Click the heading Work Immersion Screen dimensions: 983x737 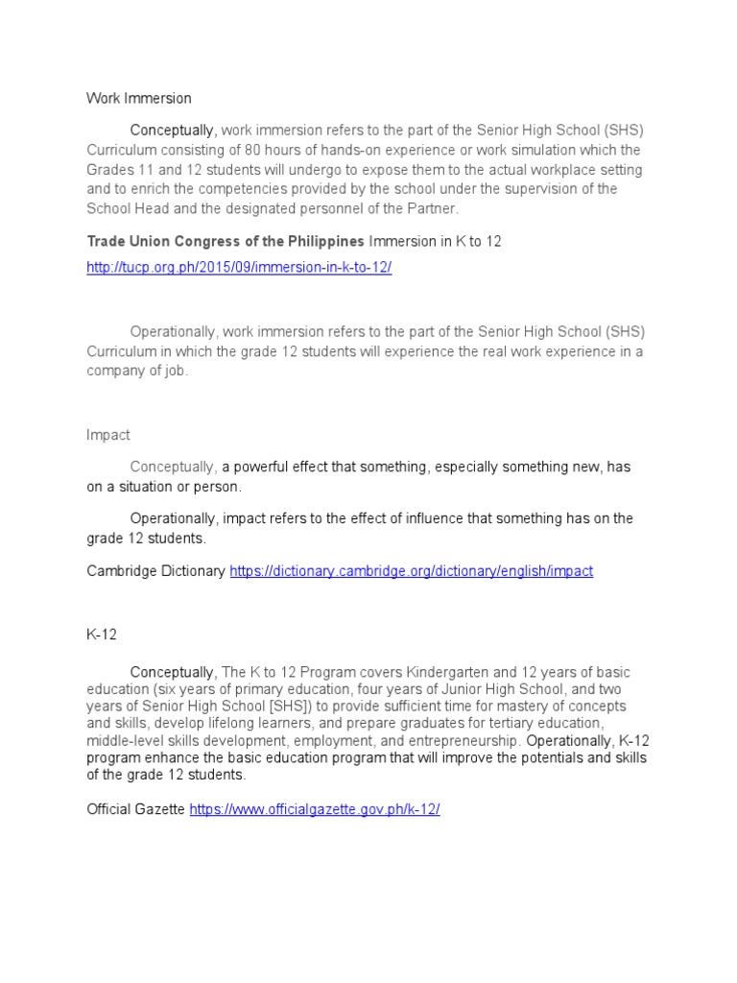pyautogui.click(x=139, y=98)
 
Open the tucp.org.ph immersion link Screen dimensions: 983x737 pyautogui.click(x=239, y=268)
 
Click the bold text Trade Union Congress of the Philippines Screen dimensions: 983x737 pyautogui.click(x=226, y=241)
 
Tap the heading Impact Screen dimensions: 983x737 pyautogui.click(x=107, y=435)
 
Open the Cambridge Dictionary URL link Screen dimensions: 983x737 pyautogui.click(x=411, y=571)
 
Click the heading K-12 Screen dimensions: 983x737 pyautogui.click(x=103, y=634)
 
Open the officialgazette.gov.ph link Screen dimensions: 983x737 pyautogui.click(x=315, y=809)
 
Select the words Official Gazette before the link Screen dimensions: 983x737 pyautogui.click(x=135, y=809)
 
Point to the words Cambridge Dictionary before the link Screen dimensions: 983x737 pyautogui.click(x=155, y=571)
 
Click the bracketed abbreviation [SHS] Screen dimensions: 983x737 pyautogui.click(x=266, y=707)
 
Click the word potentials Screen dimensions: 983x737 pyautogui.click(x=502, y=758)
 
